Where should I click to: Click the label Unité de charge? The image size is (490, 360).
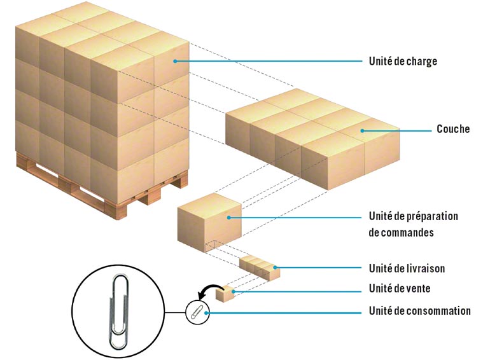(403, 62)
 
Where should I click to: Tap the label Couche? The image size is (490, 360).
(452, 129)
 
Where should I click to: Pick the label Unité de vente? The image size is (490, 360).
(400, 289)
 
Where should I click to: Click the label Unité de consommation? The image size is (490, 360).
(419, 311)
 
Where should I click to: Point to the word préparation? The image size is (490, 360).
(430, 216)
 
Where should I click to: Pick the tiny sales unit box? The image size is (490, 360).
(225, 294)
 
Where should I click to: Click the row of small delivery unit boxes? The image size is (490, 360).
(259, 267)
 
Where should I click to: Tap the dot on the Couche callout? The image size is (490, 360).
(361, 131)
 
